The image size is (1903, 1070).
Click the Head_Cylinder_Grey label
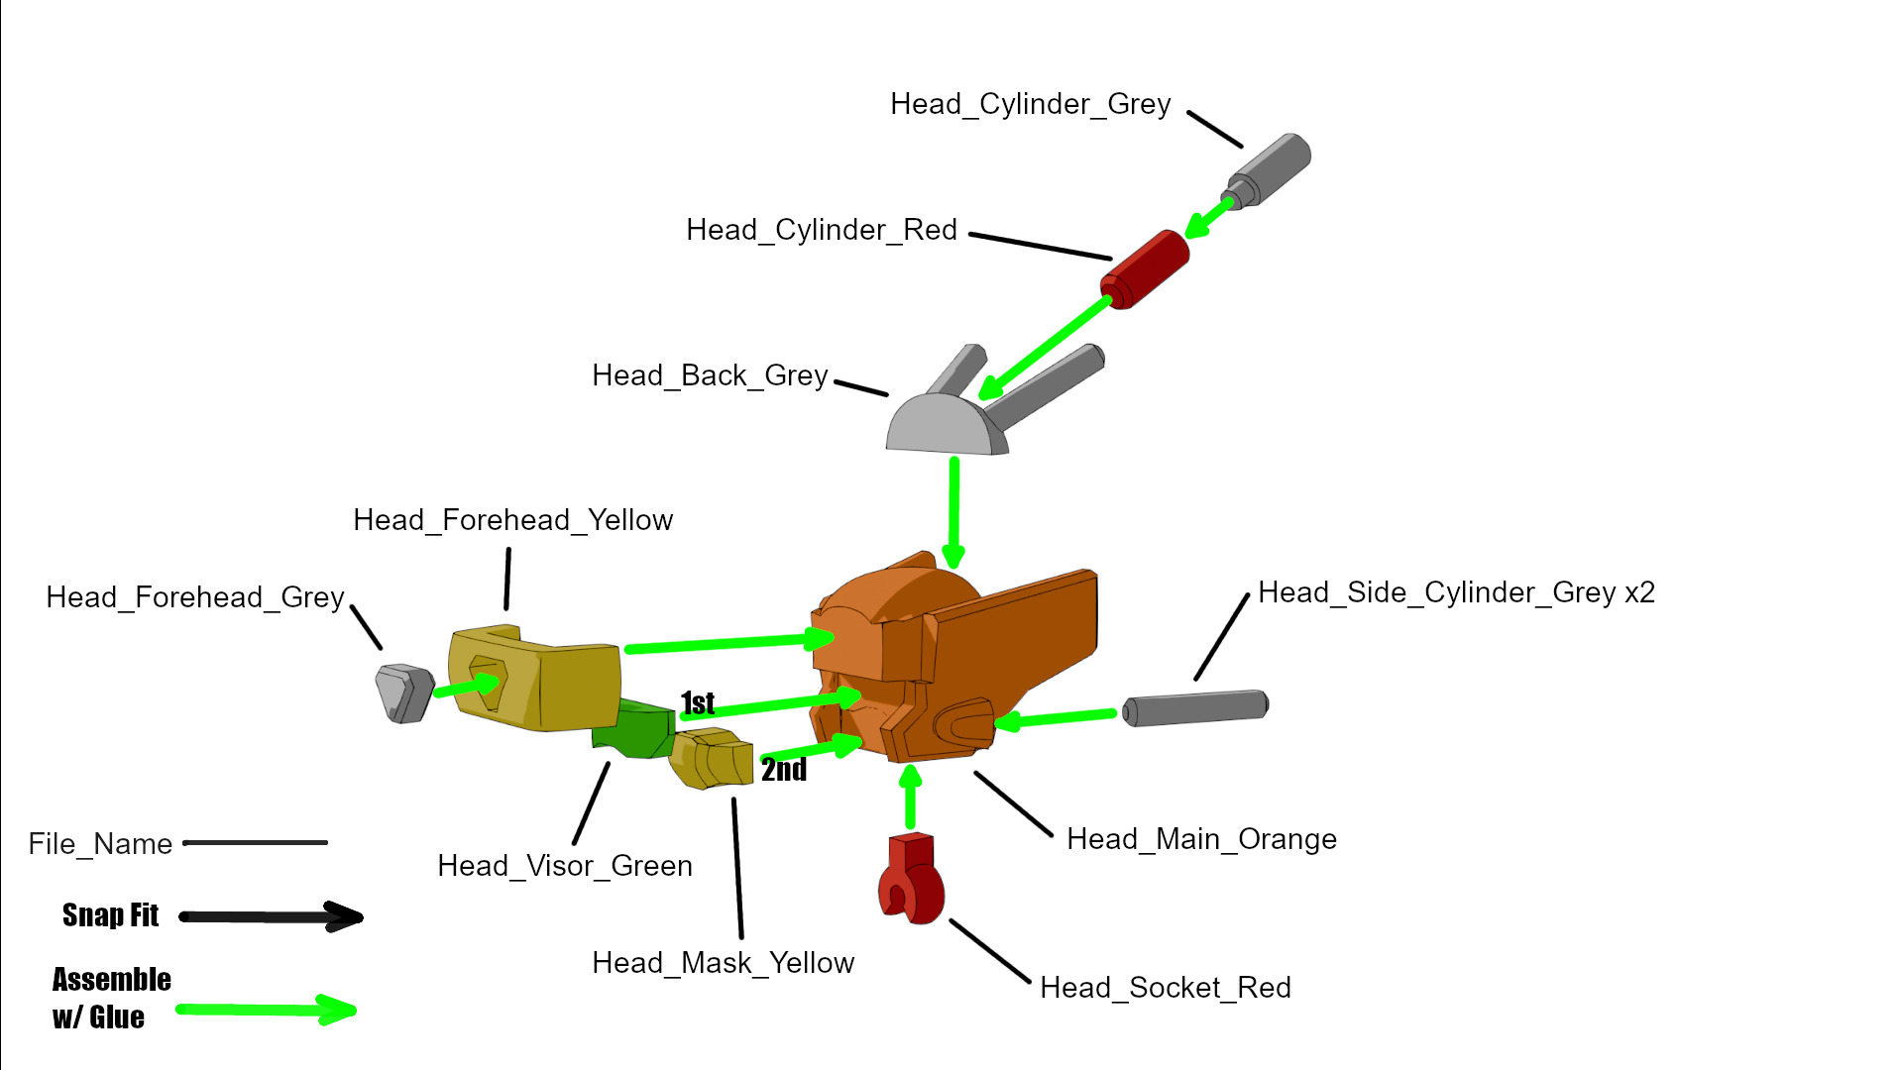click(1030, 104)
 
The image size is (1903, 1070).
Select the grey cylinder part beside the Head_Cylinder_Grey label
click(1270, 169)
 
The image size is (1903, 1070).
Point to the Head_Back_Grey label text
click(710, 375)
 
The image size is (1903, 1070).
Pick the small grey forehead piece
click(404, 692)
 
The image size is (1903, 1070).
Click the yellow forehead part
click(535, 679)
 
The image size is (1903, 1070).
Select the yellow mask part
click(712, 758)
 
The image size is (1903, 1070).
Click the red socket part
click(911, 880)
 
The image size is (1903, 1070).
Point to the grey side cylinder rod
click(1195, 707)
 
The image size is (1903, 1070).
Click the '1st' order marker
click(698, 703)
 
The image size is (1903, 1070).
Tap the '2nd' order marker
click(784, 770)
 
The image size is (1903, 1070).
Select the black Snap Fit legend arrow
click(271, 916)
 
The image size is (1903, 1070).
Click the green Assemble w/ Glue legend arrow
click(266, 1010)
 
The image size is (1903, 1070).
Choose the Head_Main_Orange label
click(1201, 839)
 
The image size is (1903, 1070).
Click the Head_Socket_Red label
click(1166, 988)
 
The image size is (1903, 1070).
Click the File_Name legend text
click(100, 844)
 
